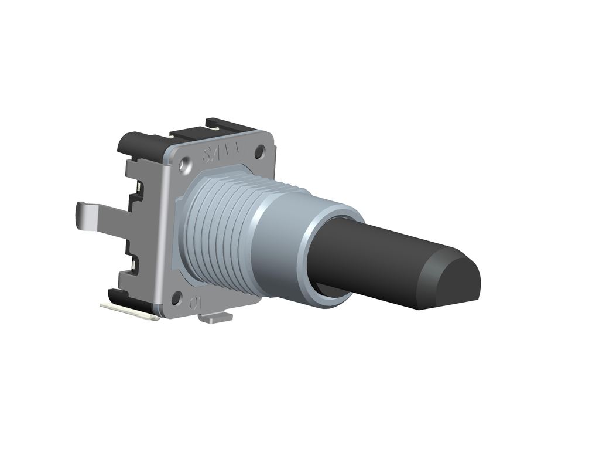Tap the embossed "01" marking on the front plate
coord(196,303)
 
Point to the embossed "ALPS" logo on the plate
coord(222,154)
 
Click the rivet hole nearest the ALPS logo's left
coord(186,166)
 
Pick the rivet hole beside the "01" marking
coord(176,298)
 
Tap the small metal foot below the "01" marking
coord(215,318)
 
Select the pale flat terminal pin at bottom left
coord(129,311)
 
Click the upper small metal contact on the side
coord(138,187)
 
